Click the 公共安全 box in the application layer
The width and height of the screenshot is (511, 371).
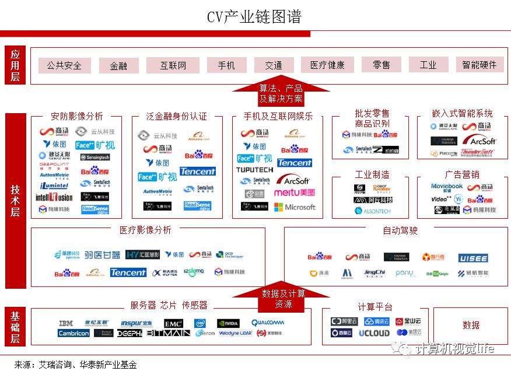[64, 65]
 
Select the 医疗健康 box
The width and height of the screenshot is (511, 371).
[327, 65]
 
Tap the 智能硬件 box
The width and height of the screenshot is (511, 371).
[480, 65]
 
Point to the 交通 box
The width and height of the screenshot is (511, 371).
[274, 65]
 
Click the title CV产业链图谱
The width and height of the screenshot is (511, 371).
[254, 16]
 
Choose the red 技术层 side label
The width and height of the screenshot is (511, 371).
[15, 201]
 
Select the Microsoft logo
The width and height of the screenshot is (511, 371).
[295, 207]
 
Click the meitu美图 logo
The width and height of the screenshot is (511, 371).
[295, 192]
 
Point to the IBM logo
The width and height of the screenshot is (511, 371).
[66, 323]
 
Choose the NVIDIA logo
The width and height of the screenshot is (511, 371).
[228, 323]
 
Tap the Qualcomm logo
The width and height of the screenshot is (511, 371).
[267, 323]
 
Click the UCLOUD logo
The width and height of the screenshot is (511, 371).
[374, 333]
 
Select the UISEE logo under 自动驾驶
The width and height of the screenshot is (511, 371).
[473, 258]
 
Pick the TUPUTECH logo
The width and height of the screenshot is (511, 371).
[254, 170]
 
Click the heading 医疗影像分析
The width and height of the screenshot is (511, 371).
[145, 230]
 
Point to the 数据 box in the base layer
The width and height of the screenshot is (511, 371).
[471, 325]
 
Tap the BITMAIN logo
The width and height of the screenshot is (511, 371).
[168, 333]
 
